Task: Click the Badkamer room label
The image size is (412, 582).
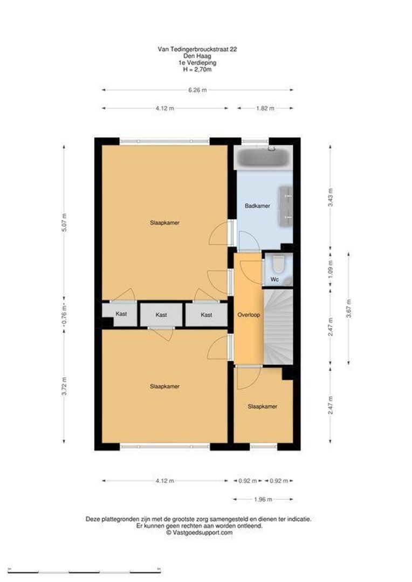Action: (257, 206)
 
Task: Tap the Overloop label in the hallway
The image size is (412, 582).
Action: (249, 315)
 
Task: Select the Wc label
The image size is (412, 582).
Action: (274, 280)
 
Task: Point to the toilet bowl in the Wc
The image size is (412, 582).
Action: (278, 265)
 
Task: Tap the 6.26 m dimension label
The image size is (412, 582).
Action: (197, 90)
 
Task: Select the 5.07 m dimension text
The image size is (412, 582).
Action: (64, 221)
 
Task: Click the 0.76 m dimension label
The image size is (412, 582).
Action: (64, 314)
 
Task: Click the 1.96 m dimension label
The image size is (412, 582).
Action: (263, 499)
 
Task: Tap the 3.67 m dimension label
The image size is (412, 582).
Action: (348, 308)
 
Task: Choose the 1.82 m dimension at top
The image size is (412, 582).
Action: (265, 108)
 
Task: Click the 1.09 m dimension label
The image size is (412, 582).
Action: (331, 268)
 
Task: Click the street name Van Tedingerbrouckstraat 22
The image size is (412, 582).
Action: (197, 49)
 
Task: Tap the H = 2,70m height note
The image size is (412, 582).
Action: (197, 69)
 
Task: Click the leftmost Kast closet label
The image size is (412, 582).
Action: (121, 314)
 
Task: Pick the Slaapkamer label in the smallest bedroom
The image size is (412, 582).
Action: (263, 406)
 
